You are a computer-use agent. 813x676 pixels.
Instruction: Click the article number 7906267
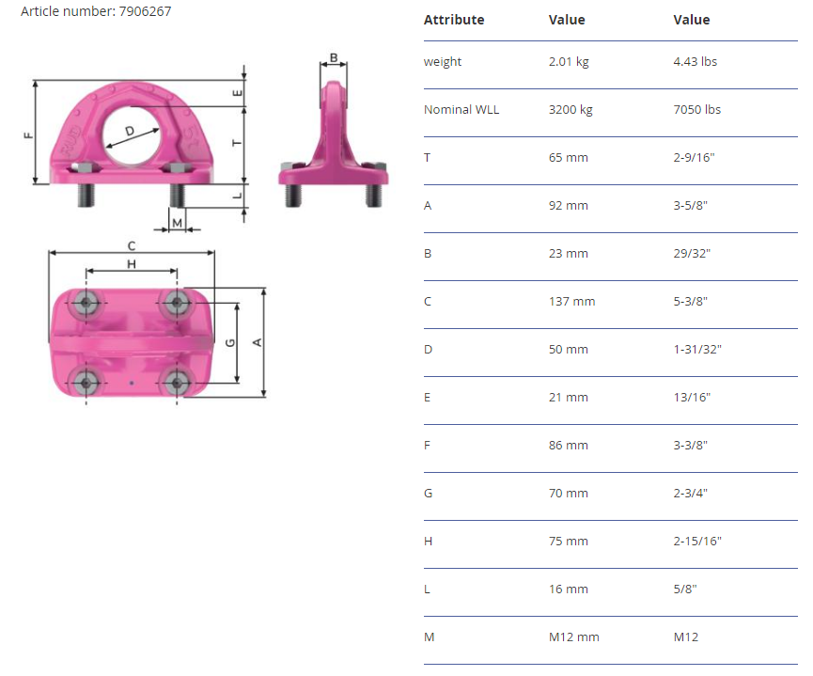point(145,11)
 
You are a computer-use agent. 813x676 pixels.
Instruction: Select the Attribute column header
point(454,20)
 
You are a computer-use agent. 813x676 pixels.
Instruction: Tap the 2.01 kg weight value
point(569,62)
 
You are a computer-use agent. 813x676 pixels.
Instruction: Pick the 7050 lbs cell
point(696,109)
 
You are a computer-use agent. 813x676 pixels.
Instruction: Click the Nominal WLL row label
point(461,109)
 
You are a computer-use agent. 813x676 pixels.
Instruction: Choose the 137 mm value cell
point(571,302)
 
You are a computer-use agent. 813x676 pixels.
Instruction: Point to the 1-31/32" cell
point(697,349)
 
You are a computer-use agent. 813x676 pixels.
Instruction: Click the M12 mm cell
point(574,637)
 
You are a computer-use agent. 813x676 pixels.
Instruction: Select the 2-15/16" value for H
point(697,542)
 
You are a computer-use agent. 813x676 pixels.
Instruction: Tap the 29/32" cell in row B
point(692,253)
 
